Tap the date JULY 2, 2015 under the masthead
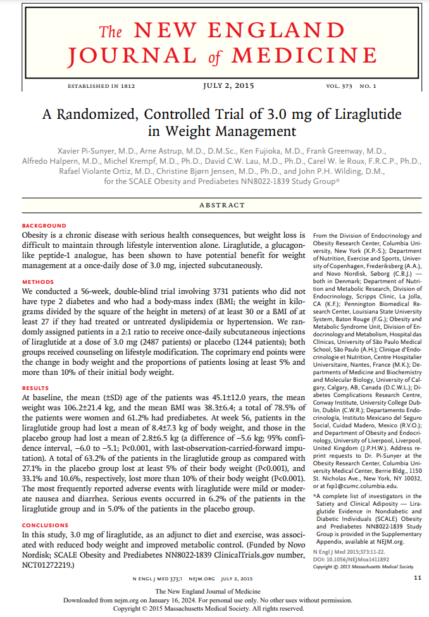click(230, 85)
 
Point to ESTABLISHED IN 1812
click(101, 85)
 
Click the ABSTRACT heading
click(221, 205)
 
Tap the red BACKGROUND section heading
click(44, 226)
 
